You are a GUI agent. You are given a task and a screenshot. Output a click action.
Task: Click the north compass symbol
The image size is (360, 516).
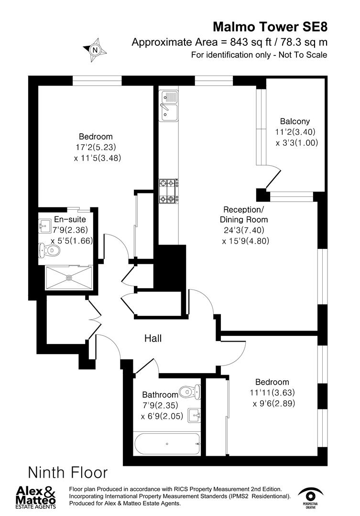click(x=95, y=48)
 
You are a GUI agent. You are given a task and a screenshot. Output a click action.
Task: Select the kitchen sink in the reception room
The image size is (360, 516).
click(x=168, y=106)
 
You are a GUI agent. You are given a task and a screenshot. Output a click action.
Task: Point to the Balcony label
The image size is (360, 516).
click(x=295, y=121)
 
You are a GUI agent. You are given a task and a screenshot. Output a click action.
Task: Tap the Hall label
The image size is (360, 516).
click(x=153, y=339)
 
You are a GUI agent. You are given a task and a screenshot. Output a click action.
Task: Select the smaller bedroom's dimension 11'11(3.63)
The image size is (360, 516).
click(x=273, y=393)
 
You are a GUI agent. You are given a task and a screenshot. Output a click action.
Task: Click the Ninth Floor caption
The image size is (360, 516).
click(x=68, y=473)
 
